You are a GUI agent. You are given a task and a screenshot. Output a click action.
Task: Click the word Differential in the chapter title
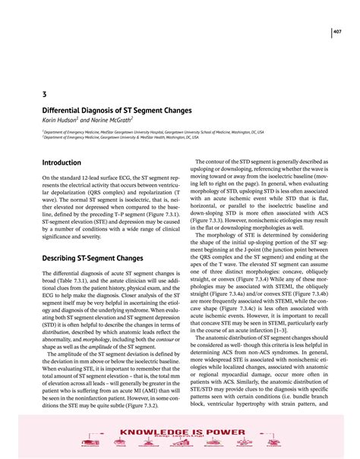coord(65,109)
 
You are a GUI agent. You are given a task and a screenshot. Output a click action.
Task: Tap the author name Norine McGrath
coord(113,119)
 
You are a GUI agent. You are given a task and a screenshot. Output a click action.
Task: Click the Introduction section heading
coord(62,162)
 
